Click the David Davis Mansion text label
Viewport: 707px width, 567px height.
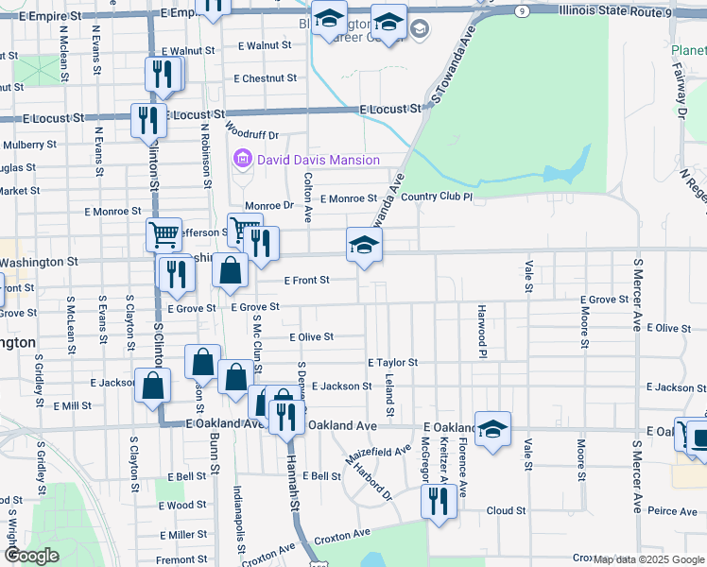(x=319, y=160)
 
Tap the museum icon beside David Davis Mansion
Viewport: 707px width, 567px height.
(x=243, y=160)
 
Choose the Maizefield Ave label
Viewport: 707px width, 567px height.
(x=378, y=453)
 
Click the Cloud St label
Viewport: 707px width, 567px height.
(x=506, y=510)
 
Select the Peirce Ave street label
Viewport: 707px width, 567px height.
(x=672, y=511)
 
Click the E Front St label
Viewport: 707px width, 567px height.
(x=306, y=280)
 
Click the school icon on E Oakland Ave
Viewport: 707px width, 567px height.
(x=492, y=429)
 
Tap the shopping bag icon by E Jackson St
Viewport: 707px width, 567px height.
(x=153, y=386)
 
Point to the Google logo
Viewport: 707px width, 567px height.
(x=30, y=556)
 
